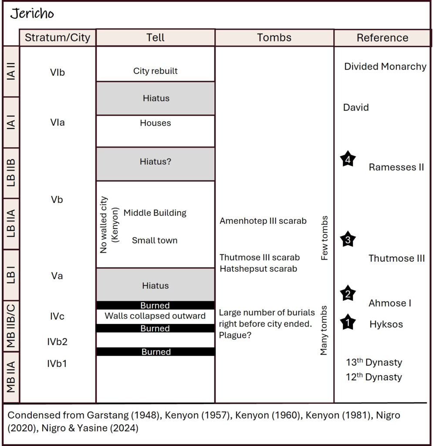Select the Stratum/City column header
click(58, 38)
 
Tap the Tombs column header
click(274, 38)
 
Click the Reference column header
click(382, 38)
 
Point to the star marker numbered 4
click(348, 159)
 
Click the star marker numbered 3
click(348, 239)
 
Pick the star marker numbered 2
click(348, 294)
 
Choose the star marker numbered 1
click(348, 323)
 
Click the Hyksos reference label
click(386, 324)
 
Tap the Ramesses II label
click(396, 167)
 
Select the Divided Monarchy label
click(385, 67)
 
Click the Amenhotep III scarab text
click(263, 221)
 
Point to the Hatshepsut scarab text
click(258, 269)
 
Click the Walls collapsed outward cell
click(155, 316)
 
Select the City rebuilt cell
click(155, 71)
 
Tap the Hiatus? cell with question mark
click(155, 161)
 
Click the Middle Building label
click(155, 213)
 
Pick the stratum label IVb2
click(58, 342)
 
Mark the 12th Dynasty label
click(374, 377)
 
